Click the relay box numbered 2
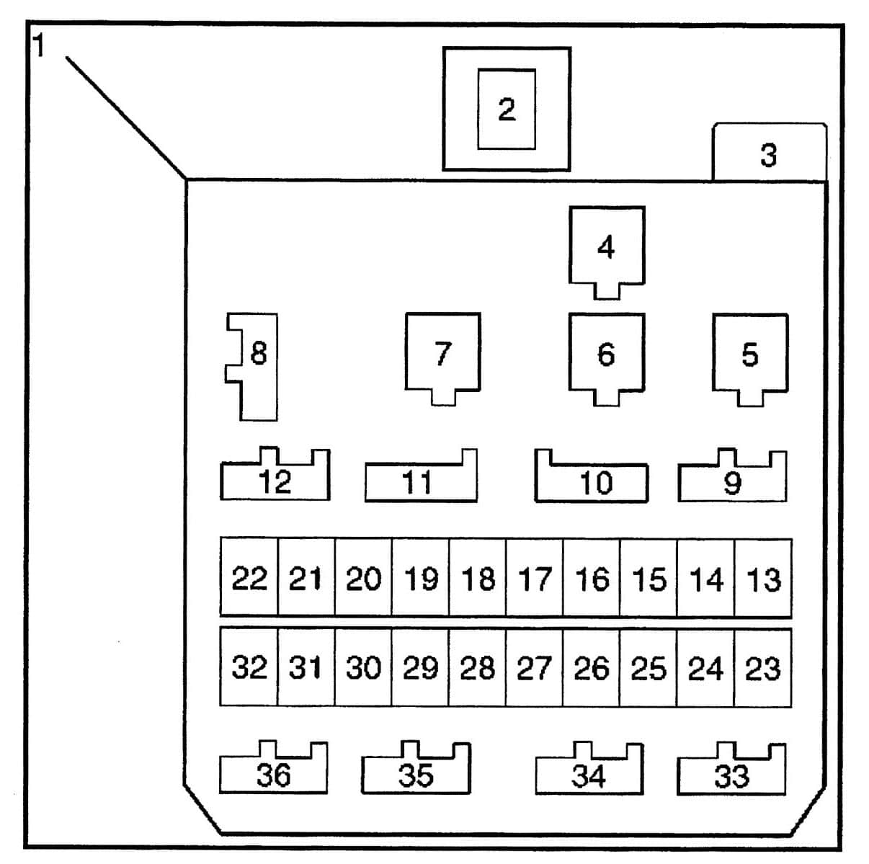(x=507, y=110)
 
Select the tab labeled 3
(x=769, y=154)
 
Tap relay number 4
(x=607, y=247)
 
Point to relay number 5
(x=750, y=355)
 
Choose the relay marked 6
(x=607, y=354)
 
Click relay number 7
(x=442, y=353)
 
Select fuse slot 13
(x=763, y=578)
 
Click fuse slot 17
(x=535, y=578)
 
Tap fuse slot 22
(x=249, y=578)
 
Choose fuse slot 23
(x=763, y=668)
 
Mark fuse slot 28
(x=477, y=668)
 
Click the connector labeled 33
(x=731, y=775)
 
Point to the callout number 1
(x=39, y=46)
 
